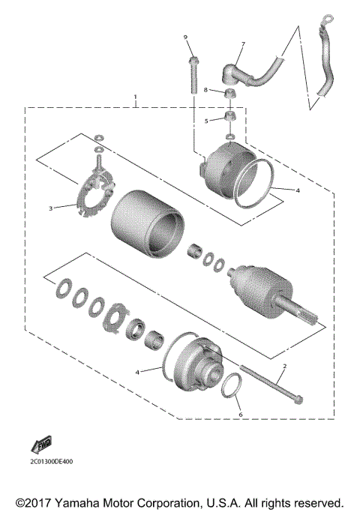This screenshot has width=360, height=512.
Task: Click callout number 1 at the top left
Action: [x=136, y=97]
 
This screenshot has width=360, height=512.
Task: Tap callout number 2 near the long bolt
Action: [x=284, y=367]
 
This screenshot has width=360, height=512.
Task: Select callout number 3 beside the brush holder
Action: [x=51, y=208]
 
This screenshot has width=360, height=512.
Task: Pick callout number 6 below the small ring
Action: [x=240, y=414]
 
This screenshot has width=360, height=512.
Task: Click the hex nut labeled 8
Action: [x=229, y=94]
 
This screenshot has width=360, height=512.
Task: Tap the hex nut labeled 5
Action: [x=229, y=118]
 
